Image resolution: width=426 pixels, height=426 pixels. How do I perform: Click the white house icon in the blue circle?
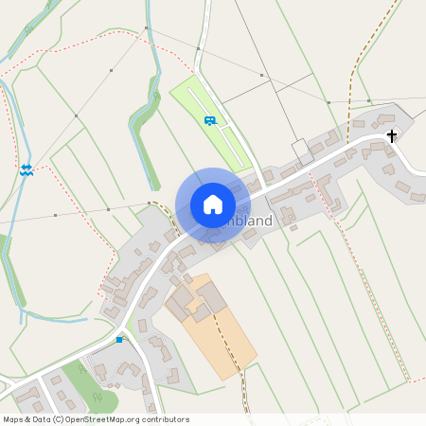tap(212, 204)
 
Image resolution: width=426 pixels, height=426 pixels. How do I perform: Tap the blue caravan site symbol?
tap(209, 120)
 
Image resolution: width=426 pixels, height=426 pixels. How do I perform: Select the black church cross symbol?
tap(392, 136)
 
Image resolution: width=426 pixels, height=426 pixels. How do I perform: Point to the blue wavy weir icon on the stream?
tap(27, 169)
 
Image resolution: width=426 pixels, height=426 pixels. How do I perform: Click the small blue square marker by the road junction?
tap(119, 339)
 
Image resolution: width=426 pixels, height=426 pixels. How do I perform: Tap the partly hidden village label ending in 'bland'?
tap(250, 221)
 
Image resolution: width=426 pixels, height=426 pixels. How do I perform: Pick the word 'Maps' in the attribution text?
tap(13, 419)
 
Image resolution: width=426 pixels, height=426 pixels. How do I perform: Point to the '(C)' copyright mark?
tap(59, 419)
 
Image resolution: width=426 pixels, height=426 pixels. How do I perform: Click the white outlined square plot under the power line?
tap(301, 150)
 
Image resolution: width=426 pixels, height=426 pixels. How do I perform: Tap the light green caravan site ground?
tap(227, 137)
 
